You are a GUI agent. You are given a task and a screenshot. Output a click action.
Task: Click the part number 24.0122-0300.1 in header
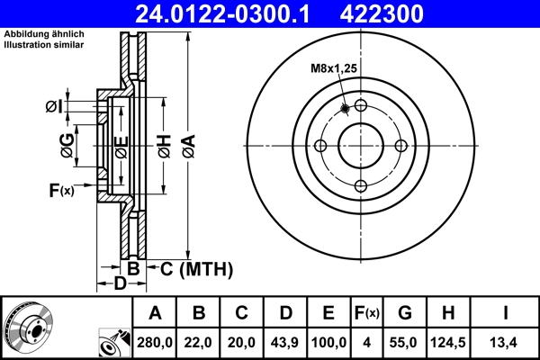tap(233, 13)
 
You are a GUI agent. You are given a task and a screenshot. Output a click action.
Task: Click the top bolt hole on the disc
tap(360, 106)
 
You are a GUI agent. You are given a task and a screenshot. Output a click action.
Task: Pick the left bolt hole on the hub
tap(319, 146)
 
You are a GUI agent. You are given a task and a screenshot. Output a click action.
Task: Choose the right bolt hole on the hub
tap(400, 146)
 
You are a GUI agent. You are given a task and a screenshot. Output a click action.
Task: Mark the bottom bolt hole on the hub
tap(360, 186)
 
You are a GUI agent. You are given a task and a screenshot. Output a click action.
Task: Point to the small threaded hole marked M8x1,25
tap(346, 110)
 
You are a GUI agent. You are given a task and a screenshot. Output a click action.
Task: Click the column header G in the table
tap(406, 313)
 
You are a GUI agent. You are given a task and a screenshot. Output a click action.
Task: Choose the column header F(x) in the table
tap(368, 313)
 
